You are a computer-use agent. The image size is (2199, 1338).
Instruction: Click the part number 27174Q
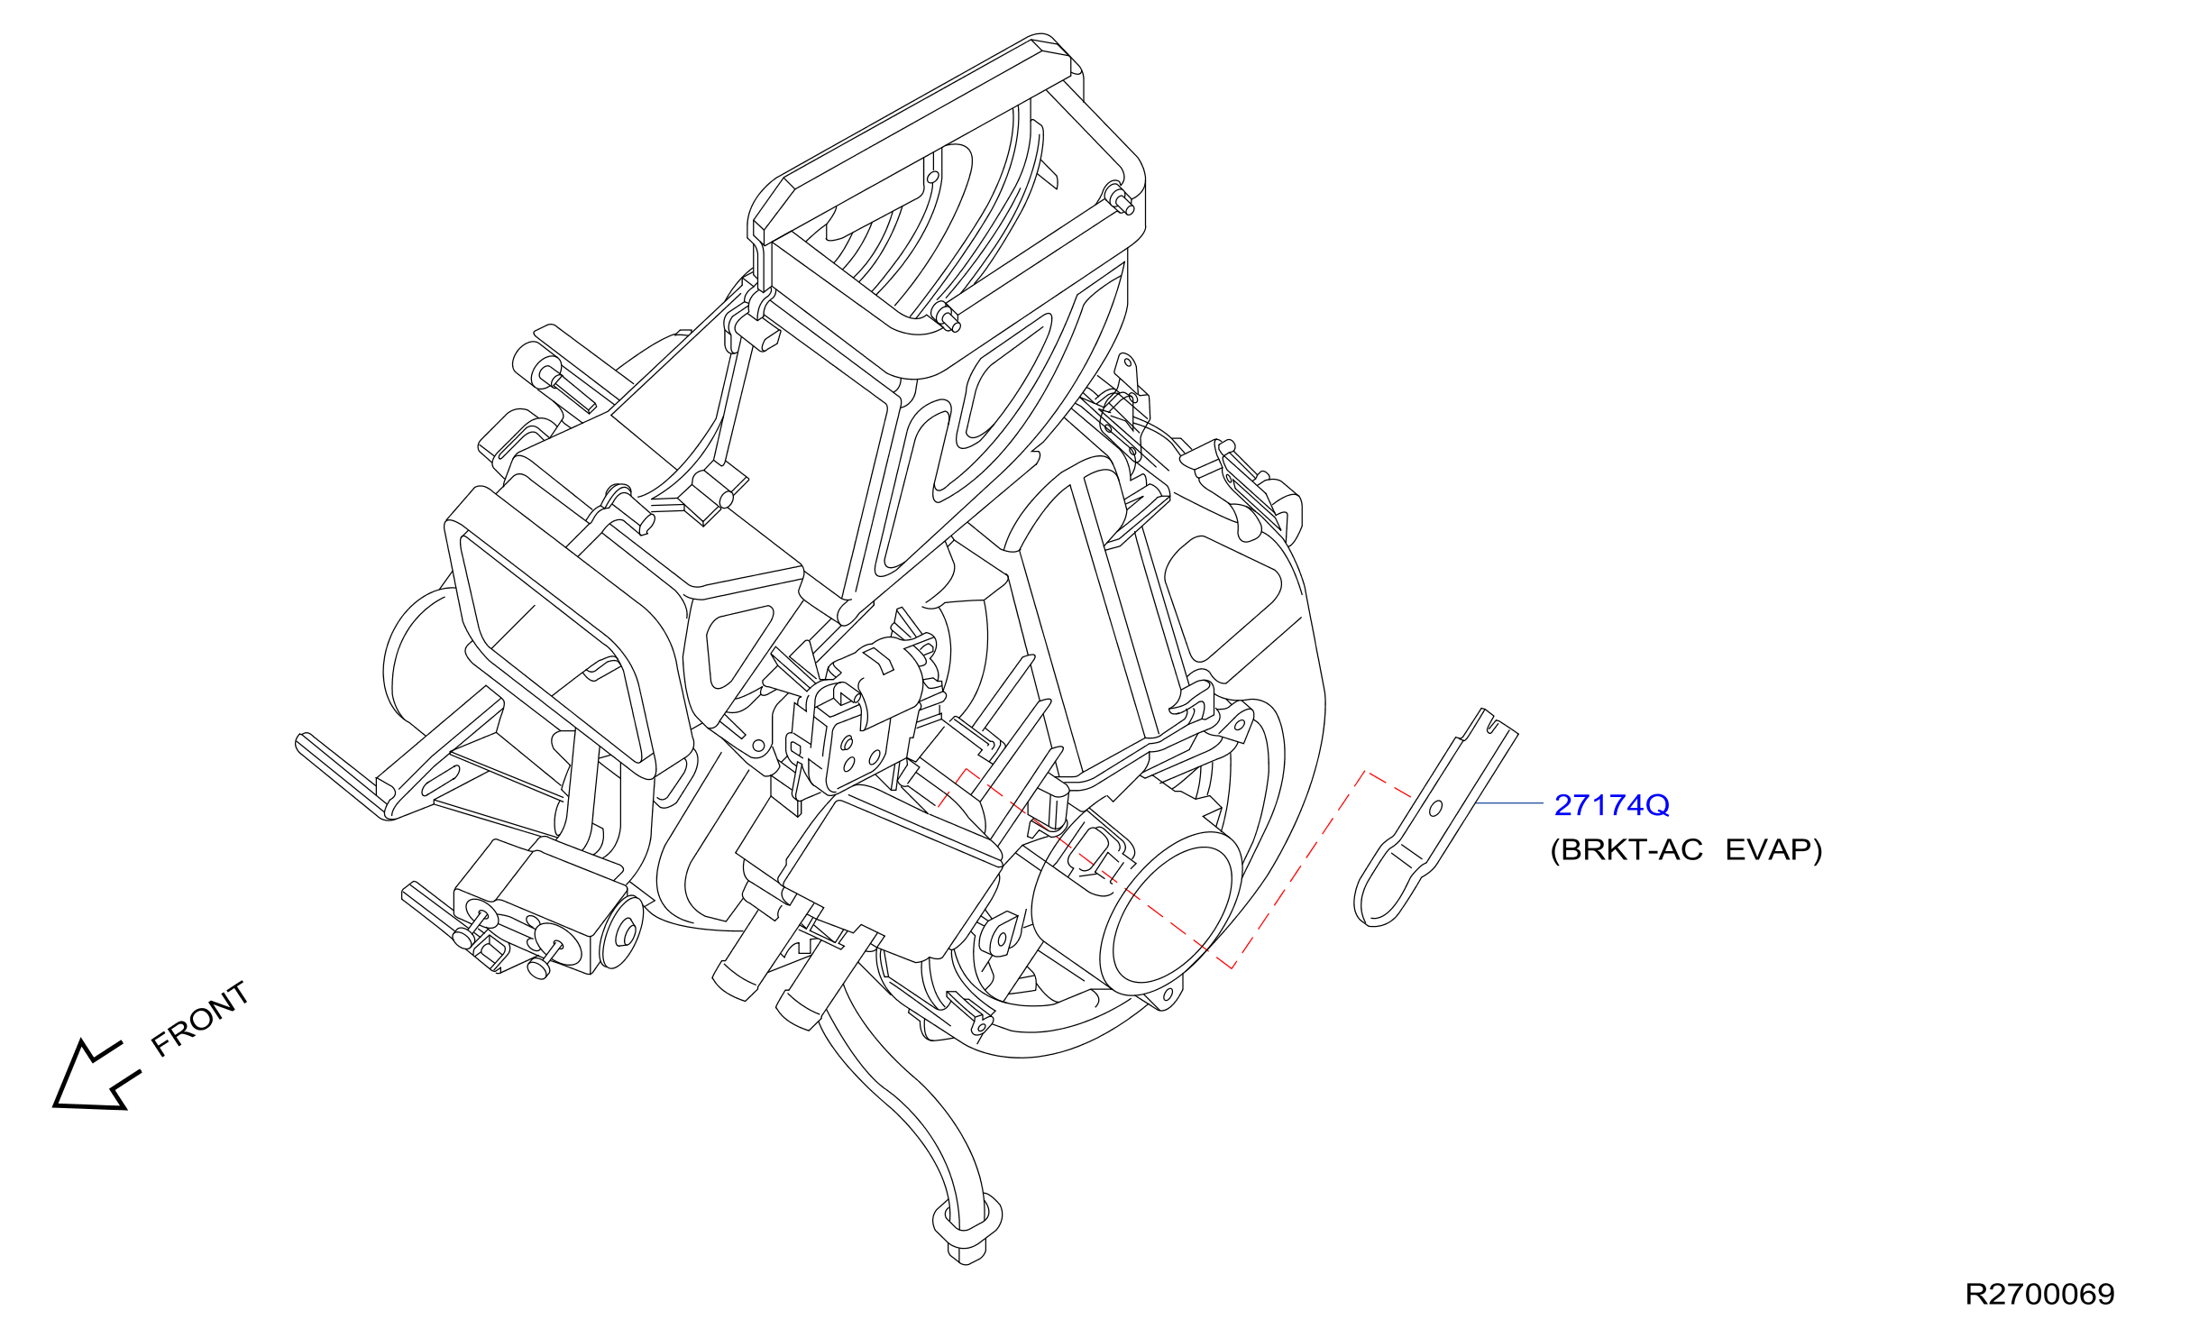pyautogui.click(x=1611, y=804)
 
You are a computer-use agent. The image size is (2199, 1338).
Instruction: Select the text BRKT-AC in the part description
pyautogui.click(x=1631, y=850)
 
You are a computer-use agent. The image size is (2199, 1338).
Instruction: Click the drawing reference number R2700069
pyautogui.click(x=2039, y=1295)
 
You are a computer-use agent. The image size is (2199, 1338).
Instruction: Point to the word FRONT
pyautogui.click(x=199, y=1018)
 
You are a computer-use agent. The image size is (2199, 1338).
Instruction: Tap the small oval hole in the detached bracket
pyautogui.click(x=1436, y=808)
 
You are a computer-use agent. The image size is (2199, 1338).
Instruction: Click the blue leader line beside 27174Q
pyautogui.click(x=1509, y=803)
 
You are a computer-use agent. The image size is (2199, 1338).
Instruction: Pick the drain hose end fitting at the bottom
pyautogui.click(x=967, y=1227)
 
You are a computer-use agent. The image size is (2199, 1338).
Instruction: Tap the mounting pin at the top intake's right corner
pyautogui.click(x=1119, y=198)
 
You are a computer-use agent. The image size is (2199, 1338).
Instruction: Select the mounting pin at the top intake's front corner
pyautogui.click(x=946, y=317)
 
